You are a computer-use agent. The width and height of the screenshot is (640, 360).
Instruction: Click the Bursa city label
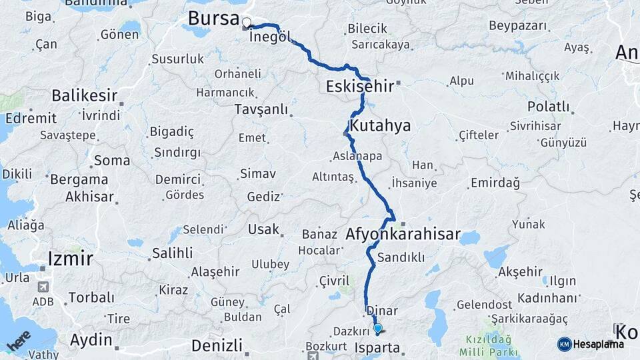pyautogui.click(x=213, y=19)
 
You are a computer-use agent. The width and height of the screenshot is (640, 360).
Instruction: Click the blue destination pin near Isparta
pyautogui.click(x=378, y=328)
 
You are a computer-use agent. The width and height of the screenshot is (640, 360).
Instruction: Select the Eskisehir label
pyautogui.click(x=359, y=86)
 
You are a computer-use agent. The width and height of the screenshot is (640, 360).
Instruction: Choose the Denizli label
pyautogui.click(x=217, y=345)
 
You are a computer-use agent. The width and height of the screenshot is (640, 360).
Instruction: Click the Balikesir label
pyautogui.click(x=85, y=95)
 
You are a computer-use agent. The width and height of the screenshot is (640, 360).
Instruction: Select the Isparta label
pyautogui.click(x=378, y=347)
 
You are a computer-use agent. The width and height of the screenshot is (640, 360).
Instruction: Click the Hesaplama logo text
pyautogui.click(x=598, y=344)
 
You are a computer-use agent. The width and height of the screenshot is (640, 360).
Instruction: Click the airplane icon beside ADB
pyautogui.click(x=44, y=287)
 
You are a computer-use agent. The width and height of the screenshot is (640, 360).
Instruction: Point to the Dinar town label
pyautogui.click(x=382, y=311)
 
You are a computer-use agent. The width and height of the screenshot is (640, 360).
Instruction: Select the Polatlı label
pyautogui.click(x=548, y=107)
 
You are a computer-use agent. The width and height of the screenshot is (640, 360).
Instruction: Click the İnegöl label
pyautogui.click(x=269, y=37)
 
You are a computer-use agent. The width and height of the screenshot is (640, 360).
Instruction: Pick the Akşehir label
pyautogui.click(x=520, y=271)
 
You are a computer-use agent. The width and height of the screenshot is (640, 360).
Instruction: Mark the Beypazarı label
pyautogui.click(x=517, y=25)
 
